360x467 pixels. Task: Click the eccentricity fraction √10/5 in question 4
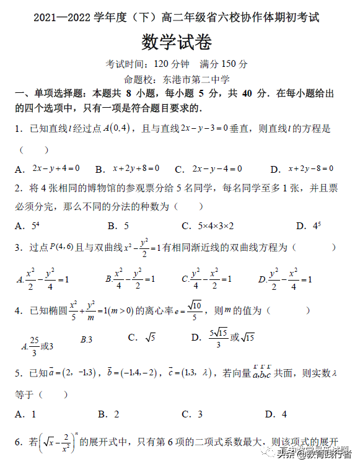click(194, 310)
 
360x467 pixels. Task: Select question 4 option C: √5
click(149, 338)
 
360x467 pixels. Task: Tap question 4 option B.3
click(86, 339)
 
